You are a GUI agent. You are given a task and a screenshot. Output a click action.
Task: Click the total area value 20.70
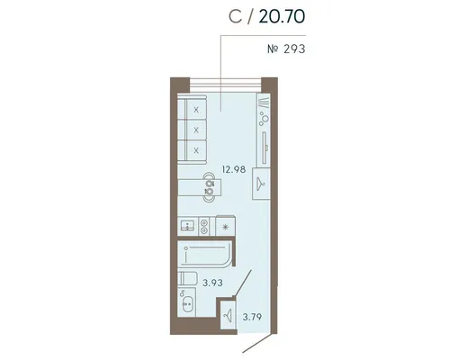pos(282,16)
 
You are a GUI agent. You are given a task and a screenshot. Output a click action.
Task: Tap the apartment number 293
pos(294,49)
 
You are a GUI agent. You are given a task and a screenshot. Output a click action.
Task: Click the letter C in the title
pos(235,16)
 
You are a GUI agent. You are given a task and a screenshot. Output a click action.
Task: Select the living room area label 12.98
pos(234,169)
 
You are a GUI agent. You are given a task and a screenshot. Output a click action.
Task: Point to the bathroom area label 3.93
pos(212,283)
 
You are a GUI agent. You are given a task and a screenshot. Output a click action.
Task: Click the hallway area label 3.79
pos(252,317)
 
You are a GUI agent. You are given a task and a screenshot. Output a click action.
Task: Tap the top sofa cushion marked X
pos(196,109)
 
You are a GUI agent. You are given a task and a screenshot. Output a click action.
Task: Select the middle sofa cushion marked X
pos(196,130)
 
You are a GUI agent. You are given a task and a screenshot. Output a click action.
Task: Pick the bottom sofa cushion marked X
pos(196,150)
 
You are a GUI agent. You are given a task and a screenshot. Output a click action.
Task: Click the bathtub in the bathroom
pos(205,255)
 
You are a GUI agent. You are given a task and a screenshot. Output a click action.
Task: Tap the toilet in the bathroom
pos(187,278)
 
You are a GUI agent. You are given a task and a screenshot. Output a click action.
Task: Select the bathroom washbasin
pos(187,303)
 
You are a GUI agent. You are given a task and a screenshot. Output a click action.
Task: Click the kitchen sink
pos(188,226)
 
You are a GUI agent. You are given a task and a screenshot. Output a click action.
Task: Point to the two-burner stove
pos(204,226)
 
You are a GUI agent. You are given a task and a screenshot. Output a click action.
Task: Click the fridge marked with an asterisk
pos(225,226)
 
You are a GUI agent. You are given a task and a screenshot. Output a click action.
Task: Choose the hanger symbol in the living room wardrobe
pos(261,183)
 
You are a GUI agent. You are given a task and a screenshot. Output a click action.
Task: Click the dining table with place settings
pos(200,187)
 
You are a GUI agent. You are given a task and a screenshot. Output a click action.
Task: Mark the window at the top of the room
pos(225,85)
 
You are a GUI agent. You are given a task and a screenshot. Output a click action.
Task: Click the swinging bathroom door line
pos(243,283)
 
